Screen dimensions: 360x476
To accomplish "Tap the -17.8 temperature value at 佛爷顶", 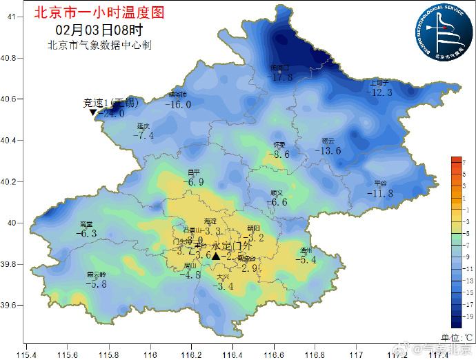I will (x=281, y=77).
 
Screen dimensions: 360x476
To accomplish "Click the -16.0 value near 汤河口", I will (x=178, y=104).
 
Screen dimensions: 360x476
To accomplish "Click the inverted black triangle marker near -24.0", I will (x=93, y=112).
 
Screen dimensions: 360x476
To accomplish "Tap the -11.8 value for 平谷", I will (x=380, y=194).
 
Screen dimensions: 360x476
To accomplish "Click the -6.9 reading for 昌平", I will (x=194, y=182).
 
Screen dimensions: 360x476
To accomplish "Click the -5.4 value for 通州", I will (x=306, y=260).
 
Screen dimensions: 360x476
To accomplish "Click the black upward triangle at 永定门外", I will (x=216, y=257).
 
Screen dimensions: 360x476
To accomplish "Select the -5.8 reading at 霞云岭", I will (x=96, y=283).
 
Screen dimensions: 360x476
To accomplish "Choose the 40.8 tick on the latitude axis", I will (x=8, y=58).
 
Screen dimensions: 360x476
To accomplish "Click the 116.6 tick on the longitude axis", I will (x=274, y=354).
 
